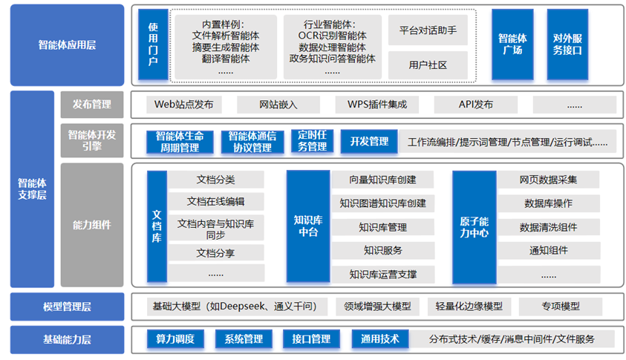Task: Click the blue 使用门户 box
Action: (153, 44)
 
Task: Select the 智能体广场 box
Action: (512, 44)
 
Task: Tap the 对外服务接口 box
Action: (567, 44)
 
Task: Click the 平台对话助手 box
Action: (428, 31)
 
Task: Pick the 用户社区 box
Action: (428, 65)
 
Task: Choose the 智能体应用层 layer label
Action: (67, 45)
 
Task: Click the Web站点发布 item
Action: (183, 105)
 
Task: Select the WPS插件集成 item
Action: (376, 105)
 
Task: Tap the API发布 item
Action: (475, 105)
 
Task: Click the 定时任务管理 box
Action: (312, 141)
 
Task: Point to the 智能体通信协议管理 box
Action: (252, 142)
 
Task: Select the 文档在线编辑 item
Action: (215, 202)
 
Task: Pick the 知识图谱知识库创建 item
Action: (382, 203)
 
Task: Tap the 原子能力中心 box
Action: (473, 226)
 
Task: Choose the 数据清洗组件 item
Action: (548, 227)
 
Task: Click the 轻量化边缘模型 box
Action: (469, 306)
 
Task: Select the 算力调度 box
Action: (175, 340)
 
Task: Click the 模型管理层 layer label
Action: (67, 306)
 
